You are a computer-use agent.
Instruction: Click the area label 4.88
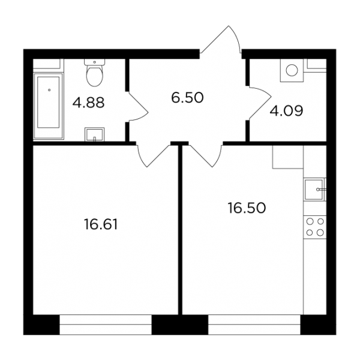(x=88, y=103)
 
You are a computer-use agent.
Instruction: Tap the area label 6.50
(x=187, y=97)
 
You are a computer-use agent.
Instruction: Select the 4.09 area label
(x=286, y=111)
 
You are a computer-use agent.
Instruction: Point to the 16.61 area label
(x=101, y=224)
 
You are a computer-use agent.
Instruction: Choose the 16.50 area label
(x=247, y=208)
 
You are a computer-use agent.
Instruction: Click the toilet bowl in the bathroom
(x=94, y=76)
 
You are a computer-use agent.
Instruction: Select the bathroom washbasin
(x=95, y=134)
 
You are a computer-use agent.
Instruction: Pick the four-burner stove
(x=315, y=227)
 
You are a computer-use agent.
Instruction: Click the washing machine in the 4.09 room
(x=292, y=70)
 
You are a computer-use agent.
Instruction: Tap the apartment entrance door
(x=221, y=40)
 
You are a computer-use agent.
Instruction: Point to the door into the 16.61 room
(x=154, y=155)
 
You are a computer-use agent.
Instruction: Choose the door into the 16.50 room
(x=205, y=155)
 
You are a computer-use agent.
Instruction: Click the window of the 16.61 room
(x=106, y=325)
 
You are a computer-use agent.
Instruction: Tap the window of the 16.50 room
(x=254, y=325)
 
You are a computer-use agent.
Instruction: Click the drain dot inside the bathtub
(x=49, y=90)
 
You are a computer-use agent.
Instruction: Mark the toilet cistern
(x=94, y=62)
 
